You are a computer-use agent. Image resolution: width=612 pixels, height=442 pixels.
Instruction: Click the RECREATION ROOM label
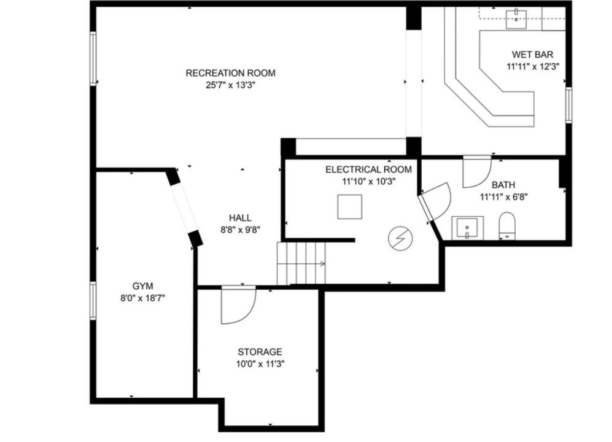pos(230,73)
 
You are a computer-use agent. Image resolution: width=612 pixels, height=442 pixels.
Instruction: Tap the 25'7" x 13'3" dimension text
pos(230,86)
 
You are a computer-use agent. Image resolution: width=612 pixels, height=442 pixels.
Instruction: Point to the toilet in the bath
pos(506,227)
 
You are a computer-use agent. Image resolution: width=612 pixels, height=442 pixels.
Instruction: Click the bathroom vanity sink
pos(467,228)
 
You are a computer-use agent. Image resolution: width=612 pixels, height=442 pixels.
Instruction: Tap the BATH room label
pos(503,185)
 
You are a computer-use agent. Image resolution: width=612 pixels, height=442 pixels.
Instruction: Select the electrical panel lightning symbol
pos(400,239)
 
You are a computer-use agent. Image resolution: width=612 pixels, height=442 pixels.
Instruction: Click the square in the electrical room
pos(350,207)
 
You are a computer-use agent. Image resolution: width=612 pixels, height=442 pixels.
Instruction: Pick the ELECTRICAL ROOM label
pos(368,169)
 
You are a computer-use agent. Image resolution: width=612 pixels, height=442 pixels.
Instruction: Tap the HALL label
pos(240,218)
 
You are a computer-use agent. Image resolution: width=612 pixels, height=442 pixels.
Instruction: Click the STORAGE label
pos(260,352)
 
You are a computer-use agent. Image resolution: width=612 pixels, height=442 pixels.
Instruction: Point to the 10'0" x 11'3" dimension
pos(260,363)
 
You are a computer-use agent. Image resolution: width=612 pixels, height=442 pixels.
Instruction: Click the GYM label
pos(142,285)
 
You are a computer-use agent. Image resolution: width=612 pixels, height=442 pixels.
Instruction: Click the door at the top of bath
pos(477,172)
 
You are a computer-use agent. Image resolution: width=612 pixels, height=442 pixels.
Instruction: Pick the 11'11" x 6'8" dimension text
pos(503,197)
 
